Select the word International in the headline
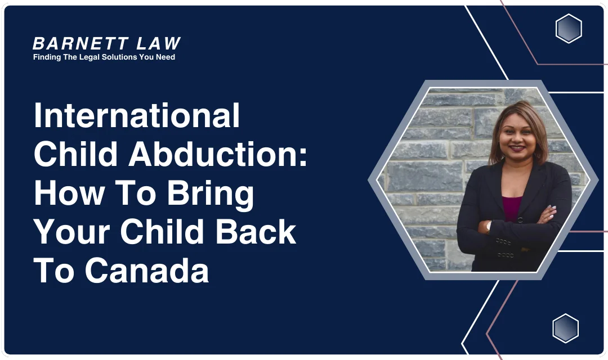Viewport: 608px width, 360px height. coord(137,116)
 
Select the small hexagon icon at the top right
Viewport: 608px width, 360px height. coord(569,29)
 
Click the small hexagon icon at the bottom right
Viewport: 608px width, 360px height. coord(565,328)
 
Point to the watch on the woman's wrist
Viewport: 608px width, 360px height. coord(489,226)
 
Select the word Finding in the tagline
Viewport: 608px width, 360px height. coord(47,57)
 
